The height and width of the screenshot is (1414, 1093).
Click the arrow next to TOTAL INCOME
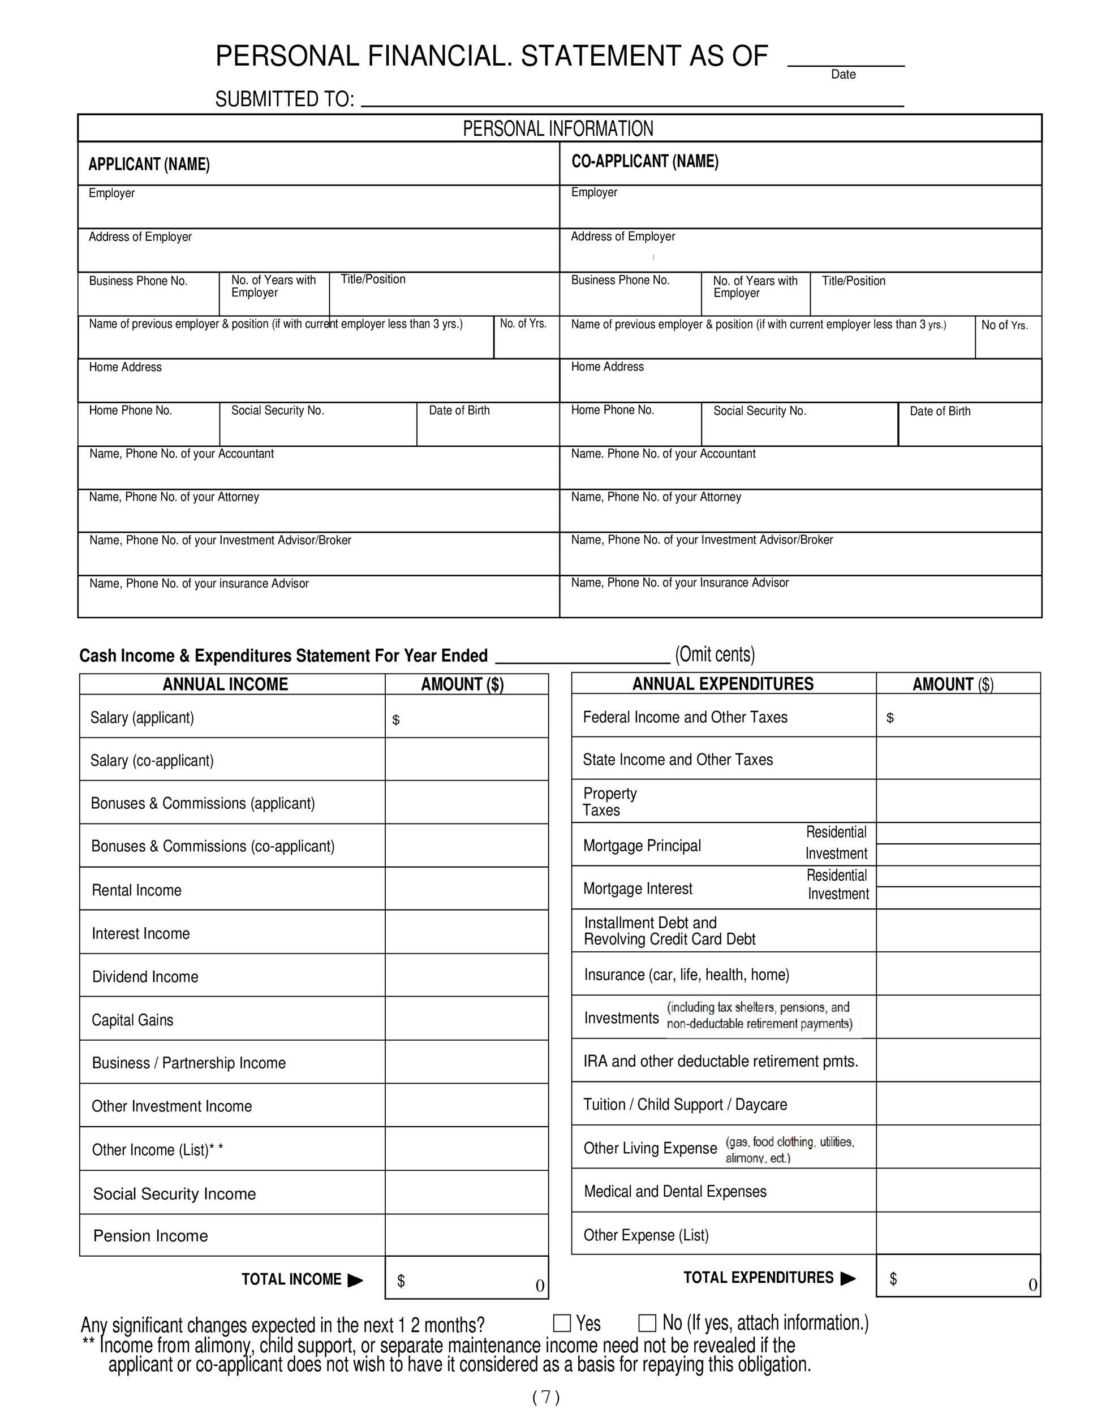[x=355, y=1280]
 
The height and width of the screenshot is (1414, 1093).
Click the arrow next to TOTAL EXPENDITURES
[x=847, y=1278]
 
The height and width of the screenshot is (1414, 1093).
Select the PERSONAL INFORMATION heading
[x=558, y=128]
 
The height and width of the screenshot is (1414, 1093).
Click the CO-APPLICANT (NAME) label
[x=644, y=161]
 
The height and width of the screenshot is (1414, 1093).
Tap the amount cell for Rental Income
[x=466, y=889]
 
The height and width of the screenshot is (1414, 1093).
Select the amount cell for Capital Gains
[x=466, y=1019]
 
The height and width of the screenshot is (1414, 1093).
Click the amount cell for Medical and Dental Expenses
[x=958, y=1190]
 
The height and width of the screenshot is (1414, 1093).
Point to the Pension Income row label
[x=150, y=1235]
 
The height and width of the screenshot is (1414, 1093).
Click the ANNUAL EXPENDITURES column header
[x=722, y=684]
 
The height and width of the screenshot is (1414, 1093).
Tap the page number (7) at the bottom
[x=545, y=1397]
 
